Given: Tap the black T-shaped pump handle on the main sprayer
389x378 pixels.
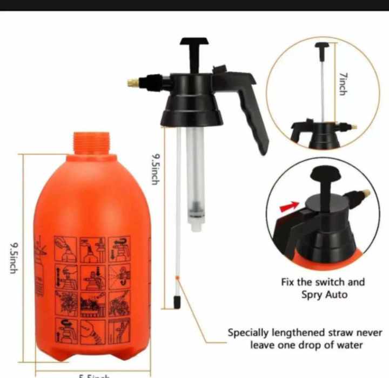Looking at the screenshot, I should click(x=194, y=43).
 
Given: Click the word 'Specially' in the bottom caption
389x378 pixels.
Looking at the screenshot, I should click(x=248, y=333).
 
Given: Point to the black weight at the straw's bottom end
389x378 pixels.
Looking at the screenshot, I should click(x=176, y=301).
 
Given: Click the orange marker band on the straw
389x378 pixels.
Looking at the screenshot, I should click(x=177, y=278).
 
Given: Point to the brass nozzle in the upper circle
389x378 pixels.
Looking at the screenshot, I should click(x=353, y=127).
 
